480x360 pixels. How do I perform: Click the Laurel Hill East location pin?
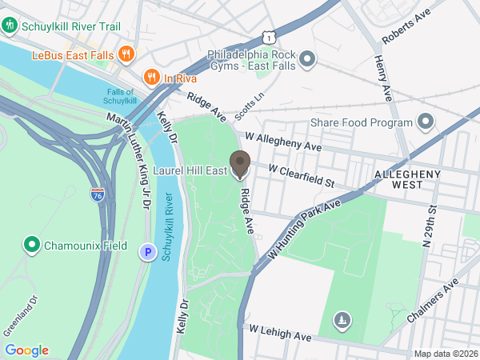pos(239,164)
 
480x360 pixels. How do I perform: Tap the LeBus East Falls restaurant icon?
pos(125,54)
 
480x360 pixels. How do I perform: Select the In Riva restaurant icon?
pos(150,77)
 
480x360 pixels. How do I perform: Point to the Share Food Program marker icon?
pos(426,122)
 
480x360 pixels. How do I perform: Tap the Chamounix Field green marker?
pos(32,245)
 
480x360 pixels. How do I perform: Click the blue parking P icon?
pos(147,252)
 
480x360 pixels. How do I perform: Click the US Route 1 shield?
pos(272,37)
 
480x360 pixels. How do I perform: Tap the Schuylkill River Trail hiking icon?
pos(10,26)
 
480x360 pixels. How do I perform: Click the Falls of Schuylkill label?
pos(126,96)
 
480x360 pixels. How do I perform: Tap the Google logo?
pos(26,350)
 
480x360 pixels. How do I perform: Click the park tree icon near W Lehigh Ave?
pos(342,321)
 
